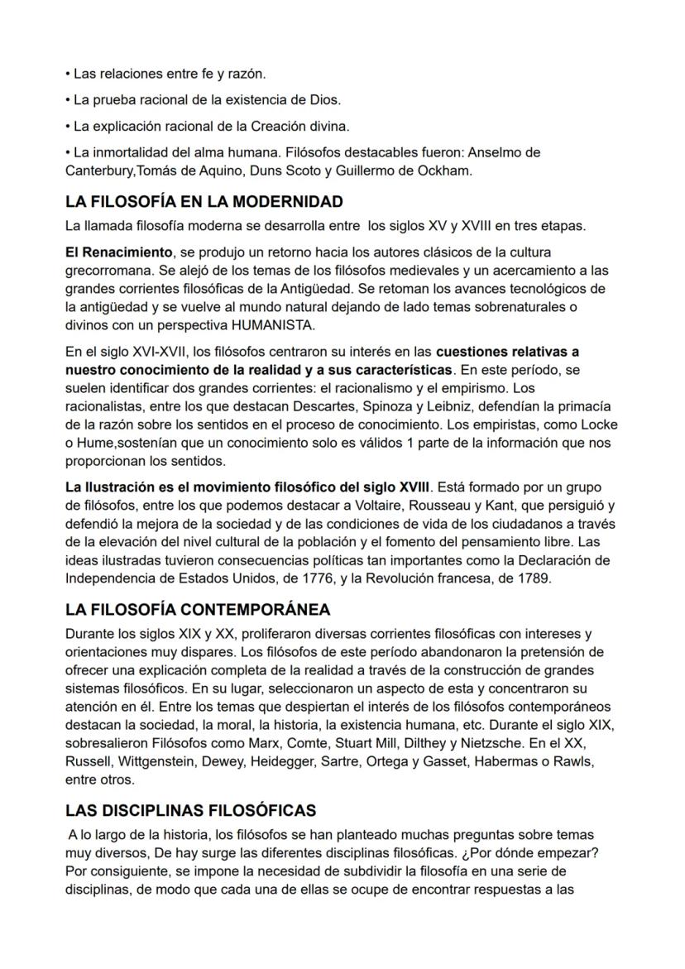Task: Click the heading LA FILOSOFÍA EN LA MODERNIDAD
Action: click(x=204, y=202)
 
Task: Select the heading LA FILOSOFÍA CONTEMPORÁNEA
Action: click(x=198, y=610)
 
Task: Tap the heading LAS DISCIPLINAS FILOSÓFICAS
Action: click(x=190, y=810)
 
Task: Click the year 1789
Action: click(x=531, y=578)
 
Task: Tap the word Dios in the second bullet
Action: click(x=325, y=100)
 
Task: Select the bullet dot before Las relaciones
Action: click(x=69, y=74)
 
